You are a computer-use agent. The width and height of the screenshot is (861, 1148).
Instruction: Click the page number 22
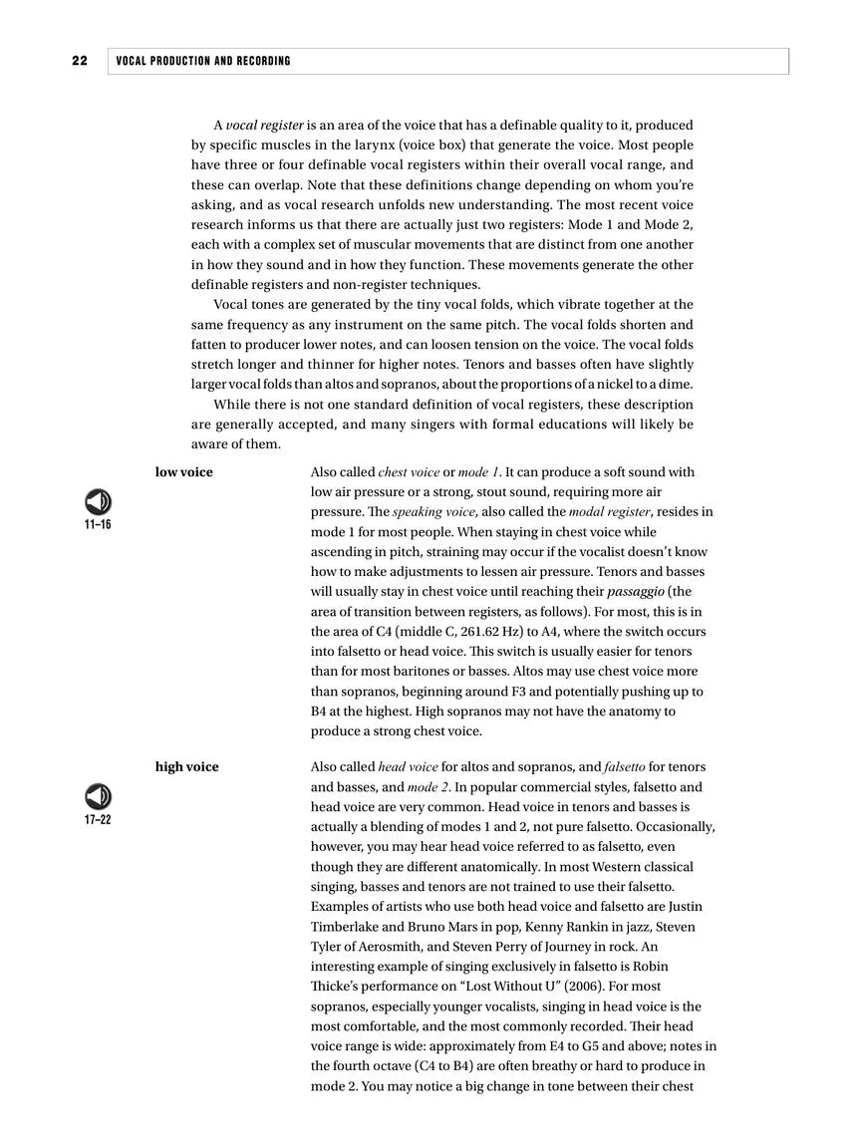tap(80, 61)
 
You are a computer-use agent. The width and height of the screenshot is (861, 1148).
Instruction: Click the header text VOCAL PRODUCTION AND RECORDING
tap(203, 61)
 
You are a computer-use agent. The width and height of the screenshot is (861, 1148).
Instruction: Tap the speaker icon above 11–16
tap(98, 501)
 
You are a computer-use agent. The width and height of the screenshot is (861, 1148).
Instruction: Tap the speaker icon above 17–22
tap(98, 797)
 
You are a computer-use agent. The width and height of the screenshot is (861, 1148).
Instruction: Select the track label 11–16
tap(98, 524)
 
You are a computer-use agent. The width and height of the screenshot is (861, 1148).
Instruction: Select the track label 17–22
tap(98, 819)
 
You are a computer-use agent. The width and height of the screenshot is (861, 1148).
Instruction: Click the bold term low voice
tap(183, 472)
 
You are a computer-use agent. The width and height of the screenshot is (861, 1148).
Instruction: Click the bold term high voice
tap(186, 767)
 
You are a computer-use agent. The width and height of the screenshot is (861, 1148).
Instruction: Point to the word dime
tap(676, 385)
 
